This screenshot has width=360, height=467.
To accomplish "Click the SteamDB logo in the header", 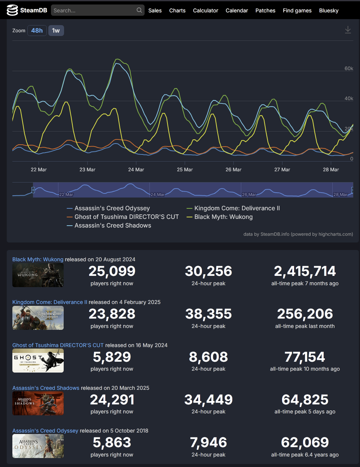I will (x=27, y=10).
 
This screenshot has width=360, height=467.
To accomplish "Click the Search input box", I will (x=94, y=10).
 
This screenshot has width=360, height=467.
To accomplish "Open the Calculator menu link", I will (x=205, y=10).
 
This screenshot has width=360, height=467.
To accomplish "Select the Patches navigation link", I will (x=265, y=10).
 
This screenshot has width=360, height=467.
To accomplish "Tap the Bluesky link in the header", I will (x=329, y=10).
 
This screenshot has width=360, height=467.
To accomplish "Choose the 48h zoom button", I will (x=37, y=31).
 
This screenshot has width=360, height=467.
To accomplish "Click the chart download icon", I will (x=348, y=30).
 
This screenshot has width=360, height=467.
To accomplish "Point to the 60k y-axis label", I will (x=349, y=69).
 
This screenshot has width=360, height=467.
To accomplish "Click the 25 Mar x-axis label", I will (x=185, y=170).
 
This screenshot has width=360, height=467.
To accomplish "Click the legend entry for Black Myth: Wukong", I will (x=223, y=217).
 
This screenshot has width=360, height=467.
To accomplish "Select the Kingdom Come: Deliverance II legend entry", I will (x=237, y=208).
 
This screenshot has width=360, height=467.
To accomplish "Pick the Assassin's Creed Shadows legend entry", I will (x=113, y=226).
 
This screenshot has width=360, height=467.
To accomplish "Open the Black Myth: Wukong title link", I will (x=38, y=259).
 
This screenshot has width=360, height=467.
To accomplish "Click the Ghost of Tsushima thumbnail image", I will (x=38, y=361).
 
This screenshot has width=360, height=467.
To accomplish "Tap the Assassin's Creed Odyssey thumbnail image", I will (x=38, y=446).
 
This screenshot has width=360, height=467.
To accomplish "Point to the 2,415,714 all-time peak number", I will (x=305, y=271).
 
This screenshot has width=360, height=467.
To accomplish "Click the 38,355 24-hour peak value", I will (x=208, y=314).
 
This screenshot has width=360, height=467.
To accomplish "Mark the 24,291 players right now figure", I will (x=112, y=400).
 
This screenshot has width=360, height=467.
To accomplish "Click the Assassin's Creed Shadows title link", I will (x=46, y=388).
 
